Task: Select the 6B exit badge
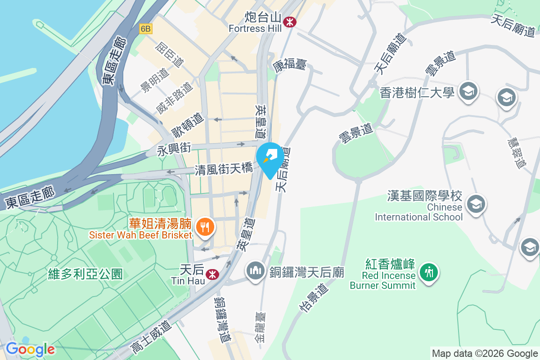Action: (146, 29)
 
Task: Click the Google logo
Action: (30, 349)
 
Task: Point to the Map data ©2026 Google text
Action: (484, 353)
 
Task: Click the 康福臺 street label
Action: (289, 65)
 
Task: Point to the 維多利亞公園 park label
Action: (85, 274)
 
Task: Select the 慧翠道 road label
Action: (516, 153)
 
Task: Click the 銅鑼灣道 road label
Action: (223, 319)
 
